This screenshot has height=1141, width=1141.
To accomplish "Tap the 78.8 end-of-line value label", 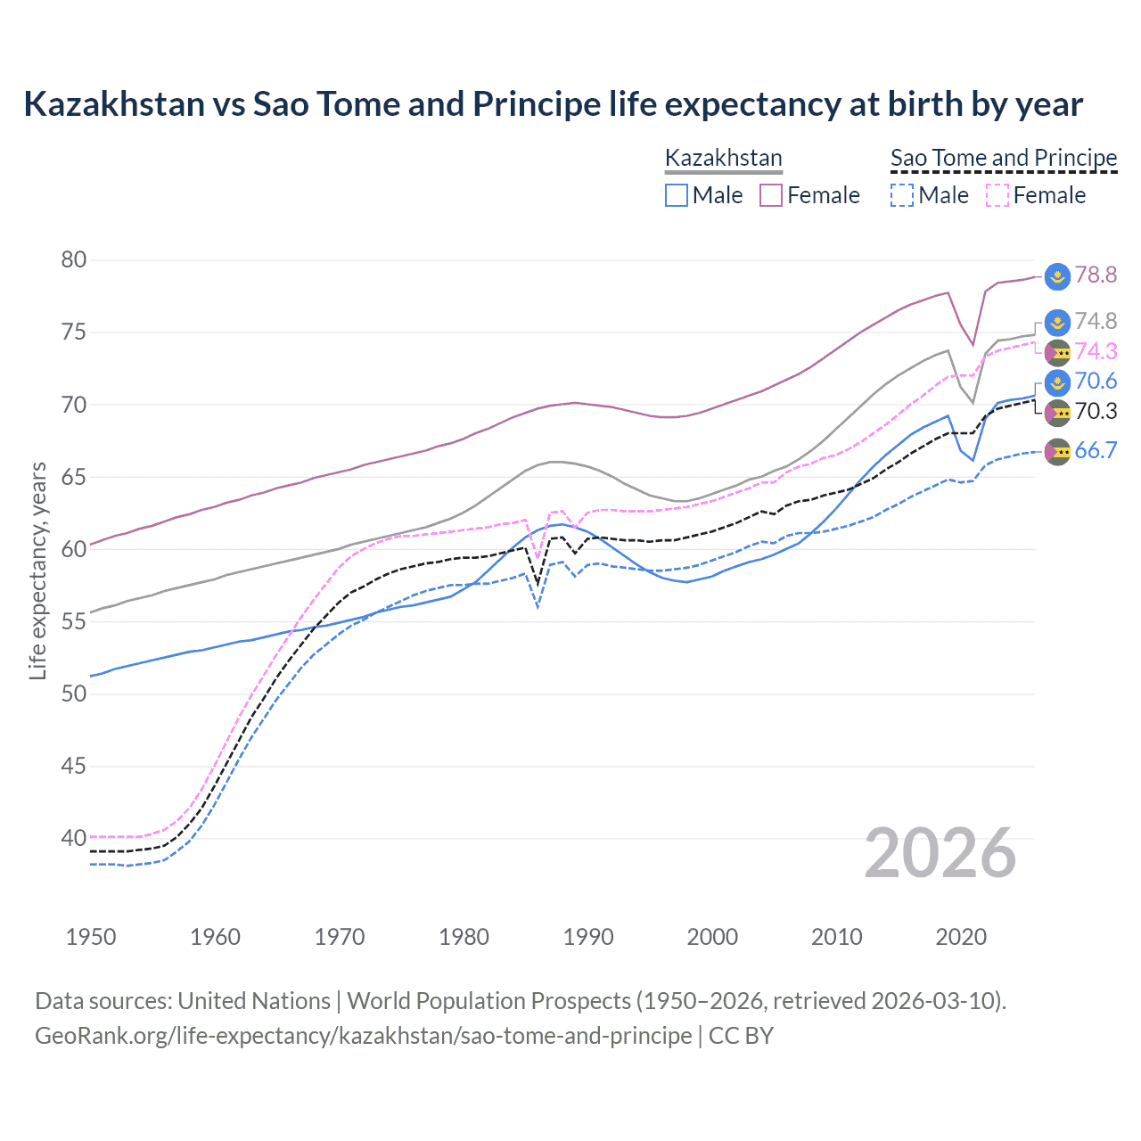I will point(1096,275).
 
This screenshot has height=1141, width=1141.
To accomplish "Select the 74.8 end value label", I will point(1096,321).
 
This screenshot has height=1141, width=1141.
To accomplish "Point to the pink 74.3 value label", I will point(1096,351).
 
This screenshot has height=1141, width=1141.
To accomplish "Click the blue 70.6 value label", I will point(1096,382).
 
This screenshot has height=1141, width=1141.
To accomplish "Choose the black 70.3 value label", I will point(1096,411).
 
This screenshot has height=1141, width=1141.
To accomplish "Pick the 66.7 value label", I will point(1096,450).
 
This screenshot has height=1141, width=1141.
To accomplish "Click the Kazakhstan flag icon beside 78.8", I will point(1057,276).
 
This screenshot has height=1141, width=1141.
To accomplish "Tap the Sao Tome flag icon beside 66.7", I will point(1057,452).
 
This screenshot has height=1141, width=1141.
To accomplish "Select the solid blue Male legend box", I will point(677,195).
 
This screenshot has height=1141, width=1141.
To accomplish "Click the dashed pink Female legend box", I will point(997,195).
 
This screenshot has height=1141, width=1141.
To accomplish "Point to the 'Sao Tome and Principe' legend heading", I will point(1004,158).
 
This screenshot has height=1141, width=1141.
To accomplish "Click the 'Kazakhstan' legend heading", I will point(724,158).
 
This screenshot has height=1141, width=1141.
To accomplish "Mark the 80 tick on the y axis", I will point(74,260).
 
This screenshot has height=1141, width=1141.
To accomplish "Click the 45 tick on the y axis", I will point(74,766).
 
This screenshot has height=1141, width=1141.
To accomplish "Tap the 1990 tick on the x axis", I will point(588,937).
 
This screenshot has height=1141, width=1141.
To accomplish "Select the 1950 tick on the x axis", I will point(91,937).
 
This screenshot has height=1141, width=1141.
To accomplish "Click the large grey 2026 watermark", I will point(940,853).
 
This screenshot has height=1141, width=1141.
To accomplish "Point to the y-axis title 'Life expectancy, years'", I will point(37,570).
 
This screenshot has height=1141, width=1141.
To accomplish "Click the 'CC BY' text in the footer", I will point(741,1036).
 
